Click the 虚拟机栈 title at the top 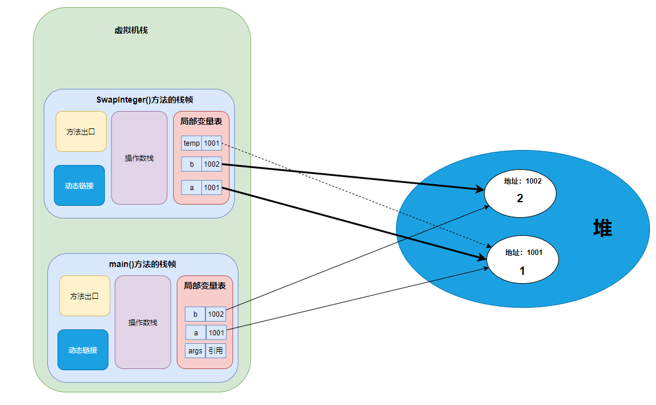pos(131,30)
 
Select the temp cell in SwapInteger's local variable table pos(192,143)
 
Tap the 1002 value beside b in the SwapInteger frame pos(211,164)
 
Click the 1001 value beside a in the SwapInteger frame pos(211,188)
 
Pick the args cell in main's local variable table pos(195,350)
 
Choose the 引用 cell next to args pos(216,350)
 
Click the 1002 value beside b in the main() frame pos(216,314)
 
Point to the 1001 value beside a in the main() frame pos(216,332)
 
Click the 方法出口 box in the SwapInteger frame pos(81,131)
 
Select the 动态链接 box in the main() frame pos(83,350)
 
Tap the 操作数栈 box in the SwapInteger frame pos(139,158)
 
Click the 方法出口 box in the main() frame pos(84,296)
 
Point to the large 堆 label pos(602,228)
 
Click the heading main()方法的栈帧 pos(142,264)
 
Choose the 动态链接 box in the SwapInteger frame pos(79,185)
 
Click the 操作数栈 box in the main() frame pos(143,322)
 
